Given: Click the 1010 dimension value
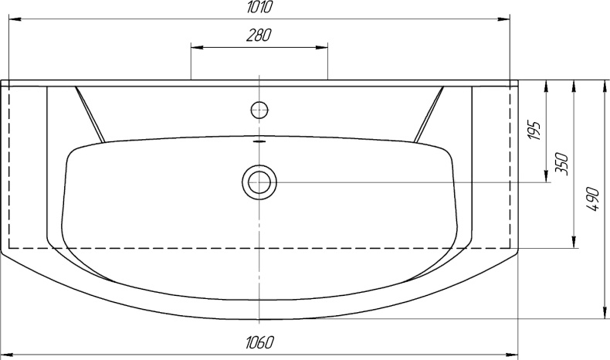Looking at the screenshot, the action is (x=259, y=8).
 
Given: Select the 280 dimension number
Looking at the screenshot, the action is (x=259, y=36).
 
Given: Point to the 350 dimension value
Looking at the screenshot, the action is (x=563, y=165).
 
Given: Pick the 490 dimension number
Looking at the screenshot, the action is (x=592, y=199).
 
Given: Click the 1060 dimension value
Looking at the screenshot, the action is (x=259, y=342).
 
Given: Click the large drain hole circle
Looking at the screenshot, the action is (x=259, y=182).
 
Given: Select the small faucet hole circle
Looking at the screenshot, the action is (x=259, y=110).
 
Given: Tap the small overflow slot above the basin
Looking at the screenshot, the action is (x=259, y=141).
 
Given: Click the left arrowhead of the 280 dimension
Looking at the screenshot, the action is (x=196, y=48).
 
